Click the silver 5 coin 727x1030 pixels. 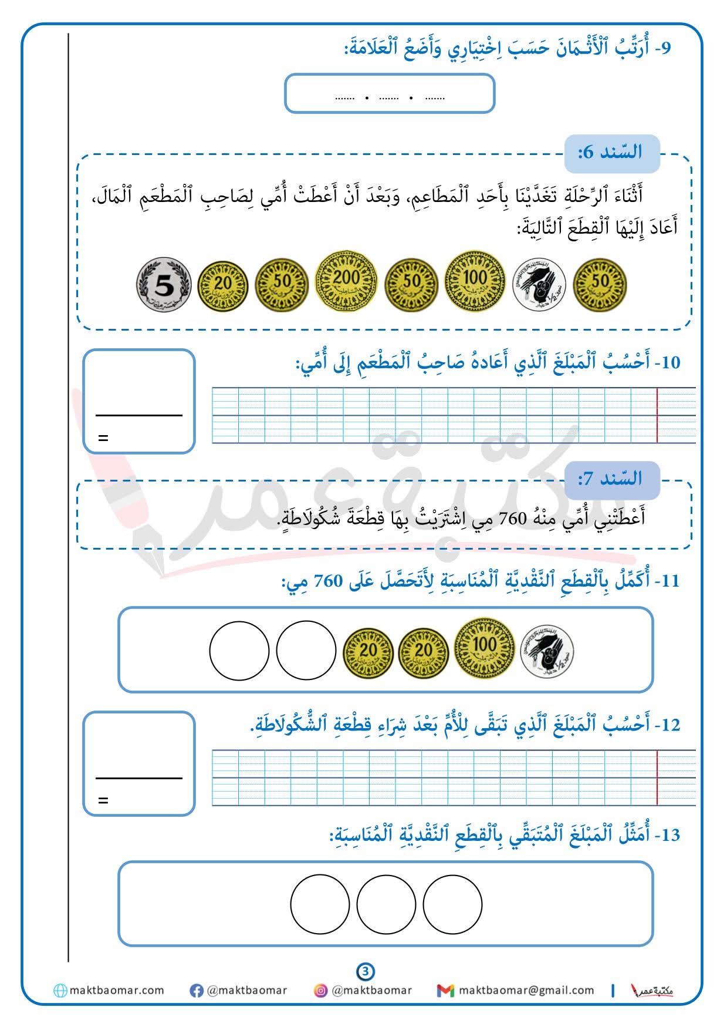(164, 285)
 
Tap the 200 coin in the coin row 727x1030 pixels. (346, 279)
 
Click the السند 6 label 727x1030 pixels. (611, 152)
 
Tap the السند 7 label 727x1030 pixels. (611, 479)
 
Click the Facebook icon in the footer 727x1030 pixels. (197, 991)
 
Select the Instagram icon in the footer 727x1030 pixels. (321, 991)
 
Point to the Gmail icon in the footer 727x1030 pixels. (445, 991)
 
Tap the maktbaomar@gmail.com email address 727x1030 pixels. (526, 991)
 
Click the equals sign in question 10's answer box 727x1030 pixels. (103, 438)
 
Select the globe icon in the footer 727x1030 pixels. (60, 991)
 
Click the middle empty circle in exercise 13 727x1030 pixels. (386, 904)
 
